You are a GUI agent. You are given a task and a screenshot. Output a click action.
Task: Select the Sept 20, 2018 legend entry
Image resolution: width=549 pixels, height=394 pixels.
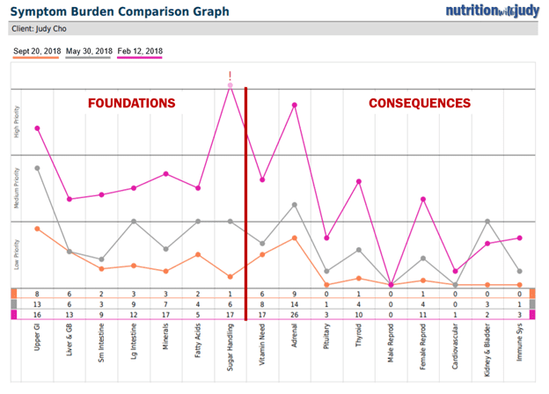coord(37,52)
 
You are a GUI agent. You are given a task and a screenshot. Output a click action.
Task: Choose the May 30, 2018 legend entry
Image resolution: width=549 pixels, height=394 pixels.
coord(89,52)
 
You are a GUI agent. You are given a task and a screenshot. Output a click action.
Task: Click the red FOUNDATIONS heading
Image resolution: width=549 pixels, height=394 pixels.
coord(131,103)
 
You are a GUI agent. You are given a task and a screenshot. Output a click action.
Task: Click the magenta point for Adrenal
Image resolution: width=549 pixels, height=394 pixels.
coord(294,105)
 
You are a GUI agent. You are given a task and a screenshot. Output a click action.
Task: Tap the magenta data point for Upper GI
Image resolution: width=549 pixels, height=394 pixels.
coord(37,128)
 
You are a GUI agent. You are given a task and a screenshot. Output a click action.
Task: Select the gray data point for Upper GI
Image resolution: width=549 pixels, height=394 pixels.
coord(37,167)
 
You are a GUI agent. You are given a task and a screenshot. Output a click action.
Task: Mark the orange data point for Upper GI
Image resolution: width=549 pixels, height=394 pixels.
coord(37,229)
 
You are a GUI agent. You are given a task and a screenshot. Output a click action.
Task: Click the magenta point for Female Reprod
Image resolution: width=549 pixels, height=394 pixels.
coord(422,199)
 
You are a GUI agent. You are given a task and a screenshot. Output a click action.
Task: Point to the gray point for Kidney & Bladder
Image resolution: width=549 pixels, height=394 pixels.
coord(487,221)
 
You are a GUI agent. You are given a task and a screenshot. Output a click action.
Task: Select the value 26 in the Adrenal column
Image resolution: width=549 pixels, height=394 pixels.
coord(294,314)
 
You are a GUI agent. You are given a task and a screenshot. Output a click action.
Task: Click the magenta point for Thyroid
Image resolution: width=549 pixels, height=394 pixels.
coord(358,181)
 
